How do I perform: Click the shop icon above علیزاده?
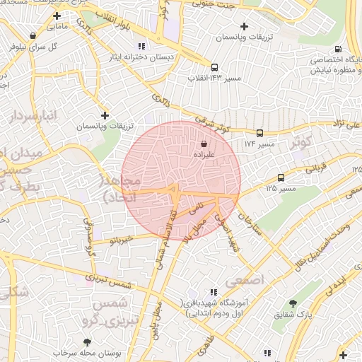tap(204, 144)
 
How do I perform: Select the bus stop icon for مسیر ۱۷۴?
tap(259, 133)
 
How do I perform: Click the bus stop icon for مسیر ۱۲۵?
tap(281, 177)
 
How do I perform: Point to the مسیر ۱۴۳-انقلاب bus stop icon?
tap(215, 69)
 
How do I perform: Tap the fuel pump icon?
tap(338, 49)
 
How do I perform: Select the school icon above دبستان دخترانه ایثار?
tap(141, 47)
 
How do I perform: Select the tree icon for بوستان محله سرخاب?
tap(88, 341)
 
